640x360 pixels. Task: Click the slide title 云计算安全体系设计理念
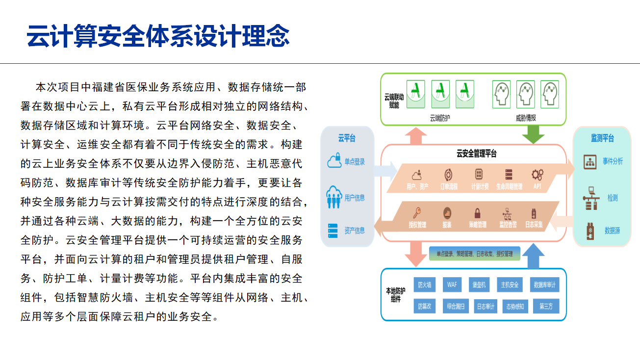158,36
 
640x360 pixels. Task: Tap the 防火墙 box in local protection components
425,285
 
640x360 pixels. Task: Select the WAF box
451,285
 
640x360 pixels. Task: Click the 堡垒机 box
478,285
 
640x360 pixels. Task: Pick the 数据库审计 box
544,285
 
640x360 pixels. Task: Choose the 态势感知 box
515,307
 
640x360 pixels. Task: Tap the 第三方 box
545,307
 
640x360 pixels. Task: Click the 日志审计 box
486,307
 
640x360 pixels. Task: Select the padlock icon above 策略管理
477,213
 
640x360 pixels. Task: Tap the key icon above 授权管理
417,213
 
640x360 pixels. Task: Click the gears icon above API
538,175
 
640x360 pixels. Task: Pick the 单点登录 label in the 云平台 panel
354,162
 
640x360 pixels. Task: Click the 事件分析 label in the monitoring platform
613,161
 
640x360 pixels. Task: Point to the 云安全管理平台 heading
476,154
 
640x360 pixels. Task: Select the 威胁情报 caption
525,118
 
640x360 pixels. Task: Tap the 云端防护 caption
439,118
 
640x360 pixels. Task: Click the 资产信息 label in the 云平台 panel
354,230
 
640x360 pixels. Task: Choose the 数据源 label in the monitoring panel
612,230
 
